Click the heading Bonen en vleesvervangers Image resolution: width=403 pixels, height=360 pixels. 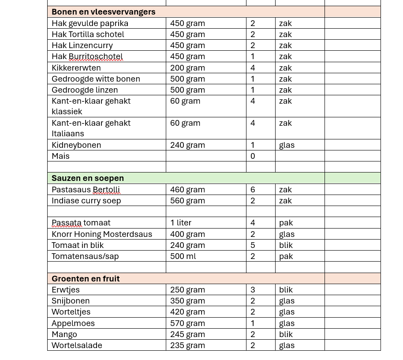point(103,12)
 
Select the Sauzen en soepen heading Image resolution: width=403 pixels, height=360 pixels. point(87,178)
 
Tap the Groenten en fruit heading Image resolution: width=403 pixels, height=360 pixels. point(86,279)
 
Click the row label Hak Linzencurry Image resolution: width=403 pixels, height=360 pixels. point(82,45)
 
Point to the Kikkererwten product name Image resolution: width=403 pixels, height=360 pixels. point(76,68)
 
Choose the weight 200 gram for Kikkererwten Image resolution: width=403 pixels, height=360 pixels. point(187,68)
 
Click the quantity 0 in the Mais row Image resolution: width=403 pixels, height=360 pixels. point(253,156)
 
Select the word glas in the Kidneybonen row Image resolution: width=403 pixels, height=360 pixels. point(287,145)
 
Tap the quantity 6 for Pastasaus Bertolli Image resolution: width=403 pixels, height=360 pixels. point(253,190)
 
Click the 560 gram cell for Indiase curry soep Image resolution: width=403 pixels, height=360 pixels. point(187,201)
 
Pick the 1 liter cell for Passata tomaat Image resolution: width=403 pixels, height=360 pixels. point(181,223)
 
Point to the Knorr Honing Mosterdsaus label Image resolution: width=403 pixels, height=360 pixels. point(101,234)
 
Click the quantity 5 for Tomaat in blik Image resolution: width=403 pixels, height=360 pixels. point(253,245)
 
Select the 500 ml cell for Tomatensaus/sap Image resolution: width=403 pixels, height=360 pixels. point(183,256)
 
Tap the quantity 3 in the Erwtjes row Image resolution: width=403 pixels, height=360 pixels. point(253,290)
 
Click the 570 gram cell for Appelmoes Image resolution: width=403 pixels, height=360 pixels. point(187,323)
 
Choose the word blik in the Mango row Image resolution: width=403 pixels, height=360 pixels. point(286,334)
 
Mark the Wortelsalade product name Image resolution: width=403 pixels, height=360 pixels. point(77,345)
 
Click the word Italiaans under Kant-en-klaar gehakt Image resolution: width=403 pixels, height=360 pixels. point(67,134)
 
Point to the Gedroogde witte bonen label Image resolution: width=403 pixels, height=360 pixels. point(96,79)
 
